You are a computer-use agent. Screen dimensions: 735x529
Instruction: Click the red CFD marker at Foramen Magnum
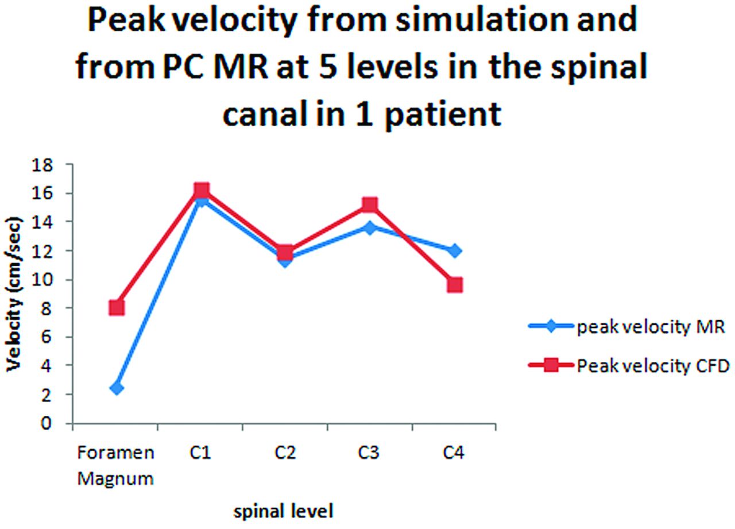pyautogui.click(x=117, y=308)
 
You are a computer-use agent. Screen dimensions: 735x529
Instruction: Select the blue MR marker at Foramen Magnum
pyautogui.click(x=117, y=388)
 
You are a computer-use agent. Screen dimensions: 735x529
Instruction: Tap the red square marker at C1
pyautogui.click(x=202, y=190)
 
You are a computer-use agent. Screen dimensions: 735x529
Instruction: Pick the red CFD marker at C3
pyautogui.click(x=370, y=205)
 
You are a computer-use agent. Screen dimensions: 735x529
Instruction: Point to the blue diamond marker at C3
pyautogui.click(x=370, y=227)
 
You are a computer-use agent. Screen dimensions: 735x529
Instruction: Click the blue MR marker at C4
pyautogui.click(x=455, y=251)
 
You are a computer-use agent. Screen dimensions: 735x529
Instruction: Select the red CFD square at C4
pyautogui.click(x=455, y=285)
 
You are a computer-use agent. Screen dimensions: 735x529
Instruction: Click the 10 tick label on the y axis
pyautogui.click(x=42, y=280)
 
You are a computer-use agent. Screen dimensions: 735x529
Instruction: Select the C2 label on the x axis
pyautogui.click(x=285, y=453)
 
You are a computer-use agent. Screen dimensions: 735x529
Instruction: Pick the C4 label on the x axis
pyautogui.click(x=454, y=453)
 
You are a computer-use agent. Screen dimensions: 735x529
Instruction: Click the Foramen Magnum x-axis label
pyautogui.click(x=115, y=466)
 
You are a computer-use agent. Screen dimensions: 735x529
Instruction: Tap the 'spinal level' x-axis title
pyautogui.click(x=283, y=511)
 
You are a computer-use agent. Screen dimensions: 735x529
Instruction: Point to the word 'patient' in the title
pyautogui.click(x=443, y=115)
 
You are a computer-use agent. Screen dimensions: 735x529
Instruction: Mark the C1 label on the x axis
pyautogui.click(x=200, y=453)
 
